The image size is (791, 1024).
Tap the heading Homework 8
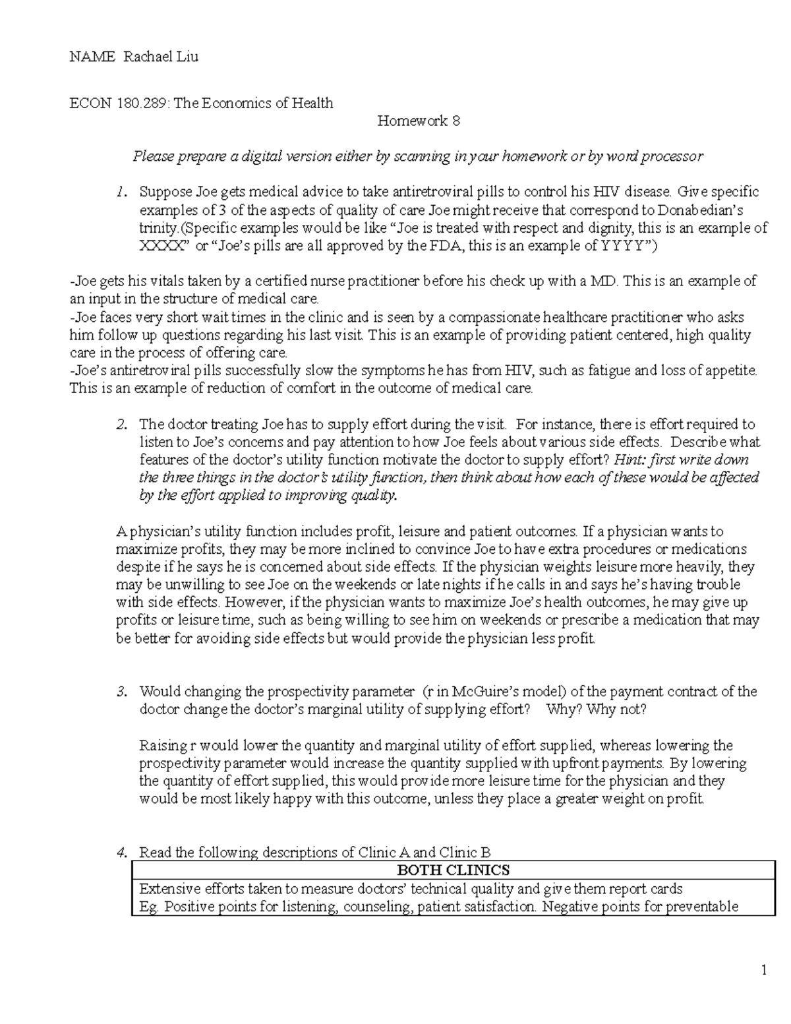418,121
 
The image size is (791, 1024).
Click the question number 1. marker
119,192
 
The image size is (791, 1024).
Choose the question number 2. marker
120,424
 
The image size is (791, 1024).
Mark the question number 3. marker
120,692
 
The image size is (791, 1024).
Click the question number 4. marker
120,853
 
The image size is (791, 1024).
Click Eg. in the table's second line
149,907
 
